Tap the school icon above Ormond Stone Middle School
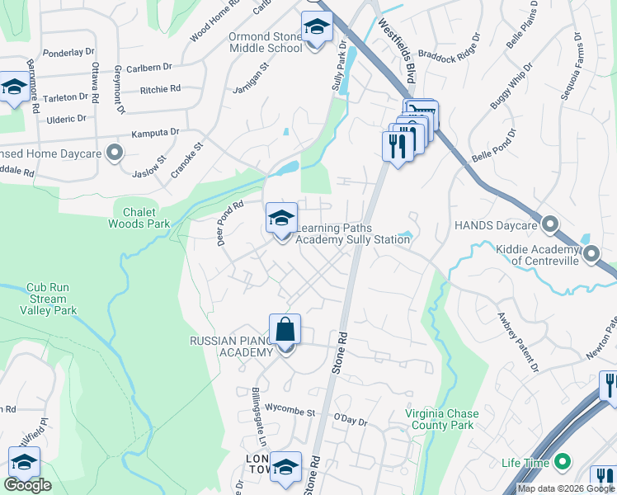pos(315,29)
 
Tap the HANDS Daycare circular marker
pos(550,224)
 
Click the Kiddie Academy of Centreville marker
pos(591,255)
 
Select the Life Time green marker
pos(563,463)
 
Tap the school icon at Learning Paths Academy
pos(281,219)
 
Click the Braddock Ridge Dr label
pos(450,49)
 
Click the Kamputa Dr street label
pos(156,132)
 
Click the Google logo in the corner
pos(27,485)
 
